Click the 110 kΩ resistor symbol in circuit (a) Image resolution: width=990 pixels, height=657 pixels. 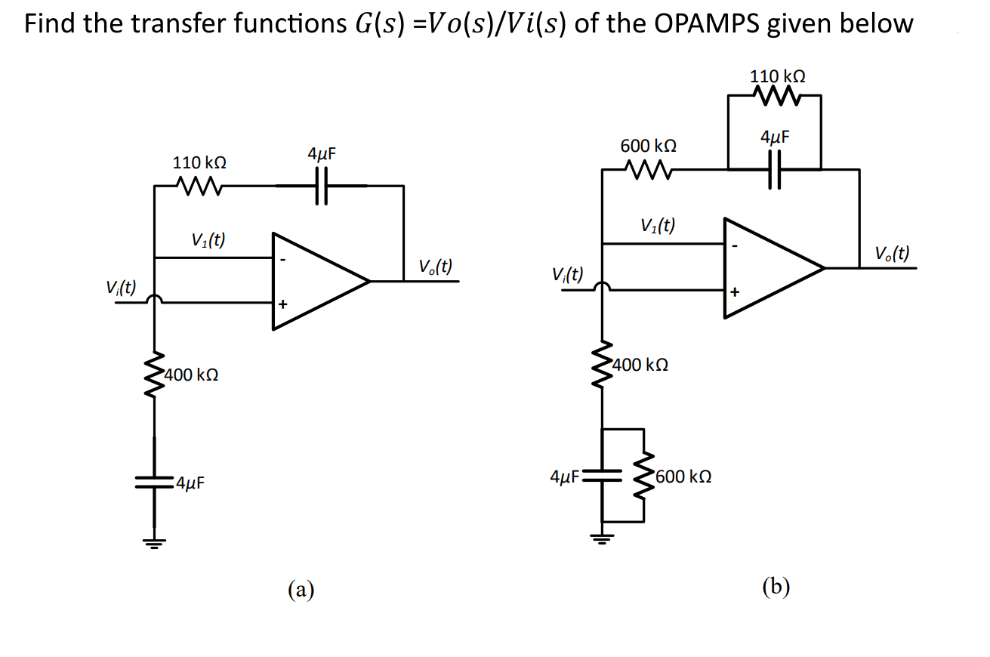199,185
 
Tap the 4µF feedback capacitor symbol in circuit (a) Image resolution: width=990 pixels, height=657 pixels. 322,185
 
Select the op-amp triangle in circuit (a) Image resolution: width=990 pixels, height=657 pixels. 317,281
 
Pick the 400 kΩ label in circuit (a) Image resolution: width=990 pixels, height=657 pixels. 193,374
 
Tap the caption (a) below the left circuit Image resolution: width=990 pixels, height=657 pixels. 301,588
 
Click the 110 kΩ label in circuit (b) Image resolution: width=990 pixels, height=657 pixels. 777,76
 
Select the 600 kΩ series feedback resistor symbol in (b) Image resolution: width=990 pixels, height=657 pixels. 648,170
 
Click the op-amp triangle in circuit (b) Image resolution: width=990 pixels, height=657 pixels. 770,267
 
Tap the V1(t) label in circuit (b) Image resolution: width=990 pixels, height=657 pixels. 658,225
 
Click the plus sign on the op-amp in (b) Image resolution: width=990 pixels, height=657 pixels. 733,291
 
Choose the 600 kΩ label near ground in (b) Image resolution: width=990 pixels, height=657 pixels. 683,477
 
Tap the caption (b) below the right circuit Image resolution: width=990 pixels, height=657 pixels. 776,587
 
